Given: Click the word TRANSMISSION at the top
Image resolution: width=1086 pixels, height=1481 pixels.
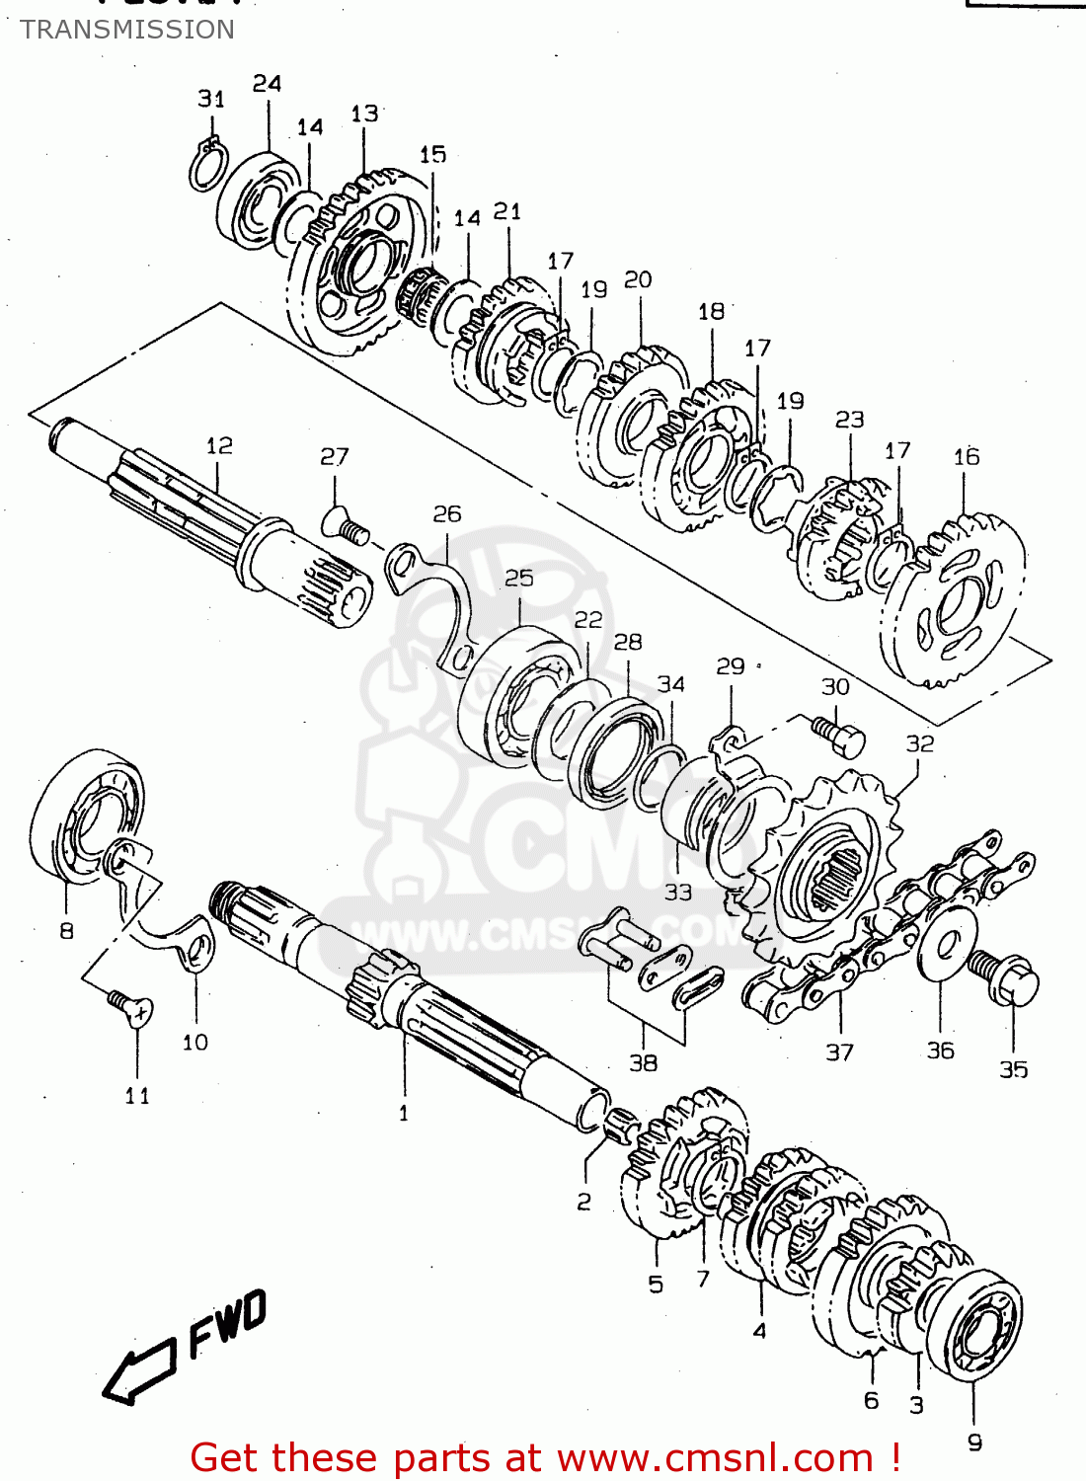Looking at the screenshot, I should click(127, 30).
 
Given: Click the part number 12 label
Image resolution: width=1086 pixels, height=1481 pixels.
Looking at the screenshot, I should click(219, 445).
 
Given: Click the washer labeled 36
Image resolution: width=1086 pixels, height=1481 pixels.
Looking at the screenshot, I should click(945, 943).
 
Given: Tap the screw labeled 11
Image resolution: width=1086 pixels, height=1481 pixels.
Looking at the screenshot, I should click(131, 1008).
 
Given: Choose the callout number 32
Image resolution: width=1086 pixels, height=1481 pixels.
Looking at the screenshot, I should click(919, 742).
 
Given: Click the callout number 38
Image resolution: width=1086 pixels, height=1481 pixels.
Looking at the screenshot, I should click(643, 1062).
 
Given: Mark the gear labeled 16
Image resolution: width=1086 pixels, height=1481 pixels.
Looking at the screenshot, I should click(952, 597).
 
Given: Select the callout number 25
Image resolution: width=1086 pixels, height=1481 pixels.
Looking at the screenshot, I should click(518, 578).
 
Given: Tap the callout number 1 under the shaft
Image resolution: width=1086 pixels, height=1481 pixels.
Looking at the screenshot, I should click(403, 1113).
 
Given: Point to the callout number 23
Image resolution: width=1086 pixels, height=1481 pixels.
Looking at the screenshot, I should click(849, 420).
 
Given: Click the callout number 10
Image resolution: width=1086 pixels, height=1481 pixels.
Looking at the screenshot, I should click(194, 1042).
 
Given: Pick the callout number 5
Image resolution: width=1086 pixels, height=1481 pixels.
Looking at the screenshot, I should click(656, 1284).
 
